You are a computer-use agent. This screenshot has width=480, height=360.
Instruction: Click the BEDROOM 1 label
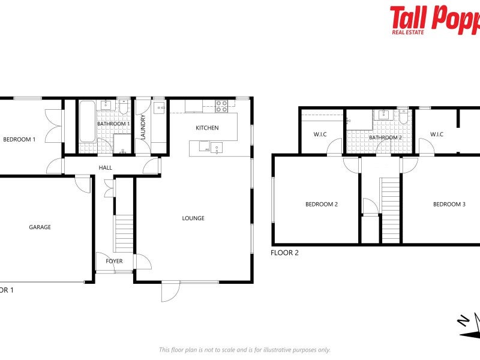[x=19, y=139]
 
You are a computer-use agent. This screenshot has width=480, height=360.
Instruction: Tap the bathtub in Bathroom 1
[x=87, y=121]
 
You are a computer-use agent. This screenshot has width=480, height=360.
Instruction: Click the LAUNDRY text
[x=143, y=127]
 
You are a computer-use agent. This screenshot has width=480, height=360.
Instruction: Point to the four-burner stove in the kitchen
[x=221, y=106]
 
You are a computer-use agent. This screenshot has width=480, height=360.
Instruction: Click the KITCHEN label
[x=207, y=128]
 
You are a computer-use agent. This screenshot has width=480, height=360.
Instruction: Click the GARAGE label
[x=40, y=227]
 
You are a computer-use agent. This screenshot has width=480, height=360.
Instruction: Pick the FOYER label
[x=114, y=261]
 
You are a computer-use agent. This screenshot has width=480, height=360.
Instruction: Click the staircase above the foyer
[x=124, y=233]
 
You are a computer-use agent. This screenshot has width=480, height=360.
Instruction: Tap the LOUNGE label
[x=193, y=218]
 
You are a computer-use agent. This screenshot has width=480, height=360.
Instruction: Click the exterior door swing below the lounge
[x=170, y=292]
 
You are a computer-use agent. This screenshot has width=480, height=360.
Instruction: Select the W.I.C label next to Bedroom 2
[x=320, y=134]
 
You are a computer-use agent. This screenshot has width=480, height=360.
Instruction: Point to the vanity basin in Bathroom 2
[x=382, y=115]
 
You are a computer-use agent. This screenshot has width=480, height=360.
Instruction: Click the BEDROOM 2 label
[x=322, y=205]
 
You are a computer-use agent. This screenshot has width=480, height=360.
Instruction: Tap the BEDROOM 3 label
[x=449, y=205]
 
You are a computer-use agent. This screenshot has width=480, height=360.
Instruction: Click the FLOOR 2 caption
[x=284, y=253]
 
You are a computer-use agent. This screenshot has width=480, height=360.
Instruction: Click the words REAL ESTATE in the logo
[x=408, y=31]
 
